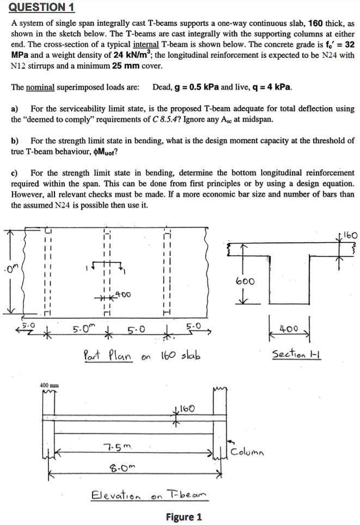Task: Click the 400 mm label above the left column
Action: click(49, 386)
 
